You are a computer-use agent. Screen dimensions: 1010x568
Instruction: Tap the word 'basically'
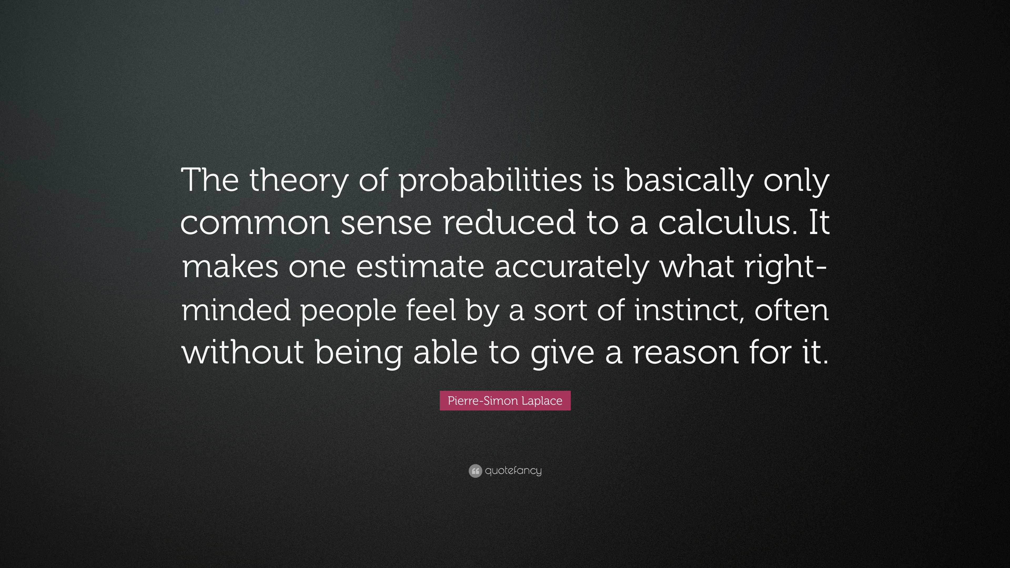[x=689, y=181]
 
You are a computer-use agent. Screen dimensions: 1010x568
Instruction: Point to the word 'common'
[x=255, y=224]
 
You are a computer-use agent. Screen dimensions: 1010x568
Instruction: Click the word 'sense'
[x=386, y=224]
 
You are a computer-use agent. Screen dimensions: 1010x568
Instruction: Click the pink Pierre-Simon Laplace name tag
[x=505, y=400]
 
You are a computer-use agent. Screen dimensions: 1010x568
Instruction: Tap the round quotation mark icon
[x=475, y=471]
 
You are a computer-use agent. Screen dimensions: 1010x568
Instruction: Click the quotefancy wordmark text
[x=513, y=470]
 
